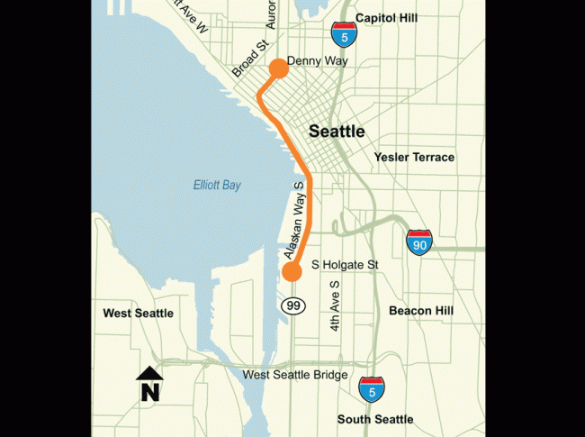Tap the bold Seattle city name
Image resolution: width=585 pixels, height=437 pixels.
tap(337, 132)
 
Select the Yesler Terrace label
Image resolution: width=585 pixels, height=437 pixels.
tap(414, 158)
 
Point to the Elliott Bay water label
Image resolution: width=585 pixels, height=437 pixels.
tap(218, 186)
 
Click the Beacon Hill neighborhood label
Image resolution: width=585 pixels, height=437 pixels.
tap(421, 311)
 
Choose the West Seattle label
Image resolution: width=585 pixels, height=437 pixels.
tap(138, 314)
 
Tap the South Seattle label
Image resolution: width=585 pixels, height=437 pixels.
tap(375, 419)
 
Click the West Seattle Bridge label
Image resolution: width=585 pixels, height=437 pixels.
tap(295, 375)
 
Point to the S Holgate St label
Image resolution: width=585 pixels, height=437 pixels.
tap(346, 266)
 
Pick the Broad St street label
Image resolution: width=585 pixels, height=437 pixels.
tap(246, 59)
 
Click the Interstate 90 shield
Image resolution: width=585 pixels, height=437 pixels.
tap(419, 241)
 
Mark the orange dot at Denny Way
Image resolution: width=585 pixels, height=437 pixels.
tap(278, 67)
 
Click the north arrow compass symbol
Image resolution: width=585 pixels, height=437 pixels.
tap(149, 383)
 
